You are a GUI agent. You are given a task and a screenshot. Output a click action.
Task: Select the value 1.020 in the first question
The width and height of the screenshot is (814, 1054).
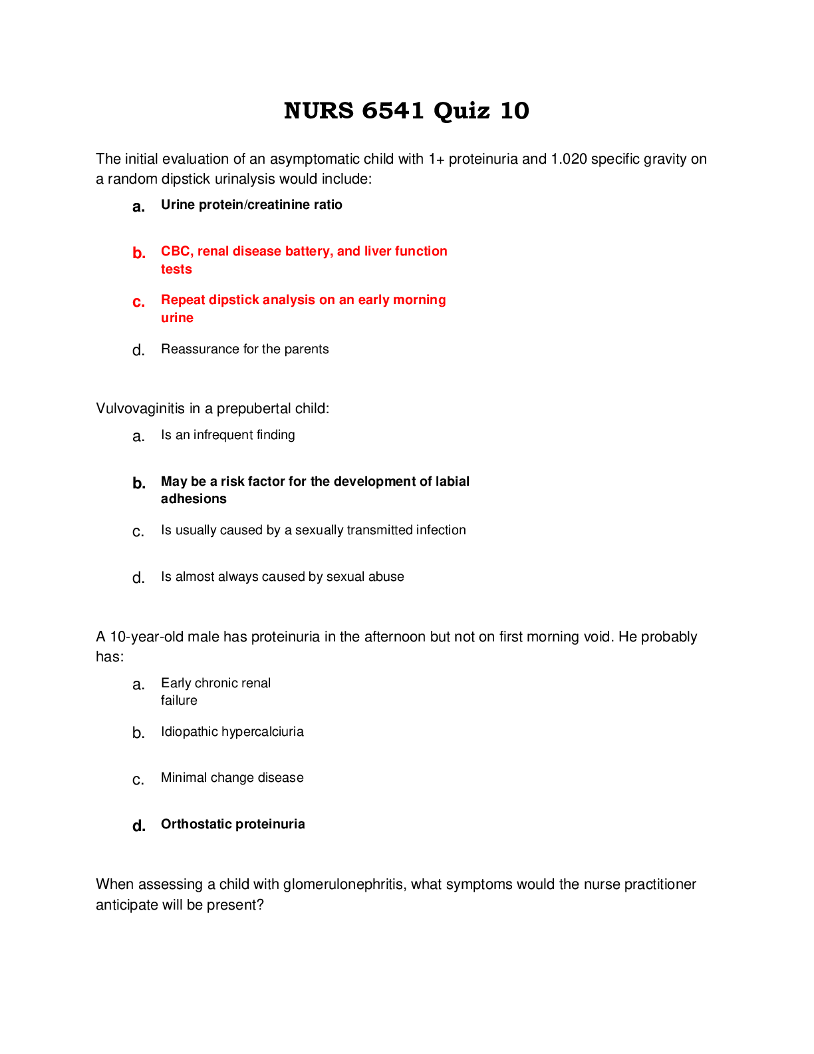pyautogui.click(x=569, y=159)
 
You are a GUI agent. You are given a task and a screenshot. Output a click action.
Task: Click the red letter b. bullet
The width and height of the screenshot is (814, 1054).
pyautogui.click(x=138, y=254)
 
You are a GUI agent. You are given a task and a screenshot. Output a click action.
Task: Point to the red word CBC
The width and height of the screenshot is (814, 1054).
pyautogui.click(x=175, y=252)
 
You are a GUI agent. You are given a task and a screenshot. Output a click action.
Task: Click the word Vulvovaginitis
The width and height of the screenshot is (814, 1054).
pyautogui.click(x=140, y=409)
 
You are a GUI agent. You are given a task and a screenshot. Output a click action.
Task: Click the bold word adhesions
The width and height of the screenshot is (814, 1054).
pyautogui.click(x=194, y=499)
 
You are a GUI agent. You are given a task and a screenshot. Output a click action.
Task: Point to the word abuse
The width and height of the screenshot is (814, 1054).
pyautogui.click(x=385, y=577)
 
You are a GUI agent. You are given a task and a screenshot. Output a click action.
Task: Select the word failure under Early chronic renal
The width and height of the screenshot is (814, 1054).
pyautogui.click(x=179, y=701)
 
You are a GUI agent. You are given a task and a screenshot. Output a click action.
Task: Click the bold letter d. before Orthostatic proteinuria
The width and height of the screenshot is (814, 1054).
pyautogui.click(x=138, y=826)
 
